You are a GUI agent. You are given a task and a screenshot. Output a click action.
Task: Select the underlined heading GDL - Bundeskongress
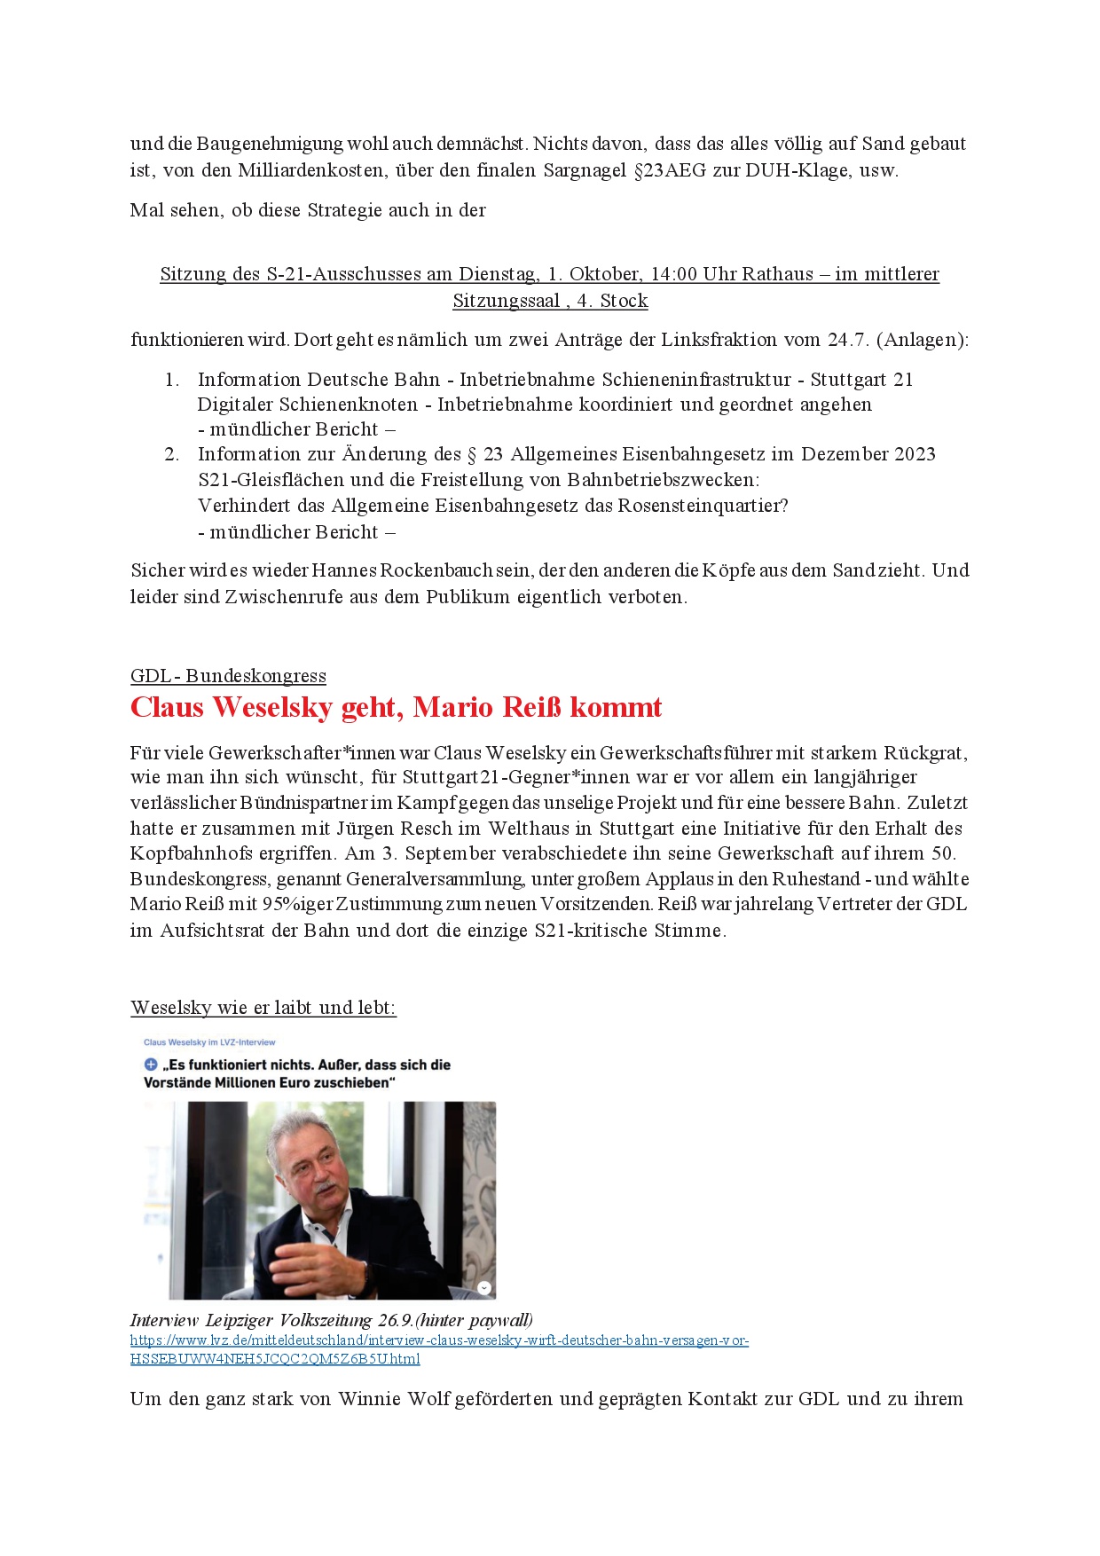click(x=228, y=676)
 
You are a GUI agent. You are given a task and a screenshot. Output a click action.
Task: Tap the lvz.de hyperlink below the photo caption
click(x=439, y=1349)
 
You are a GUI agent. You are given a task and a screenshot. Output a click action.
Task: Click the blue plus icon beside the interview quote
click(x=151, y=1065)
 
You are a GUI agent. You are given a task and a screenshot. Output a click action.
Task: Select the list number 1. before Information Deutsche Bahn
click(x=172, y=380)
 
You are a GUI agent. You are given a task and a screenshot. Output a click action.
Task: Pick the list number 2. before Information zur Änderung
click(x=172, y=454)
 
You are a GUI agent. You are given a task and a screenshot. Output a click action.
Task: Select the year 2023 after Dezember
click(x=915, y=454)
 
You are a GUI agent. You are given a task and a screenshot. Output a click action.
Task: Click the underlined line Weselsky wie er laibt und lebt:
click(x=263, y=1008)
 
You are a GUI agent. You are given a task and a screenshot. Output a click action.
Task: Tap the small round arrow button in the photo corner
click(x=484, y=1288)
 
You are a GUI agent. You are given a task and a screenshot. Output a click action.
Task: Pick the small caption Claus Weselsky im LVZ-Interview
click(x=209, y=1042)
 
